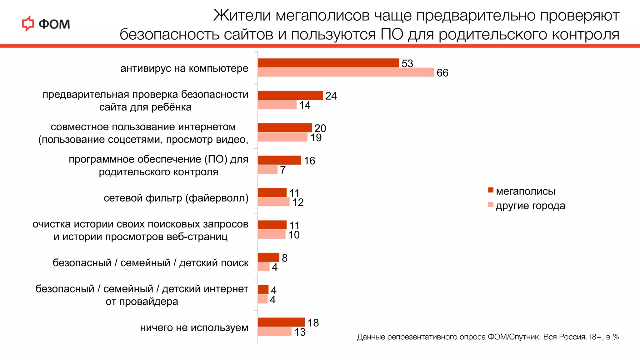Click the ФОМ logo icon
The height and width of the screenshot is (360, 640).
[28, 24]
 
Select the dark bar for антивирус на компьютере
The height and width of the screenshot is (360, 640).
[328, 63]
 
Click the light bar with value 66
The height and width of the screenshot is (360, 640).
[346, 72]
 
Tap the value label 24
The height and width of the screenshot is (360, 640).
[331, 96]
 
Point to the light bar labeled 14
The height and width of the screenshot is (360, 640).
[277, 105]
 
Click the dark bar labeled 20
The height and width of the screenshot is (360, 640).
[285, 127]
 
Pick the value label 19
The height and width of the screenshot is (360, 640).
[316, 137]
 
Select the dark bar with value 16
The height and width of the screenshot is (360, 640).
[279, 160]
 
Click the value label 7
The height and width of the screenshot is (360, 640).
[283, 170]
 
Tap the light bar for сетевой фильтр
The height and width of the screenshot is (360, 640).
[274, 202]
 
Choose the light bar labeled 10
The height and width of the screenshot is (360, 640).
[272, 234]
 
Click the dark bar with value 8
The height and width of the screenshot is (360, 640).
[268, 257]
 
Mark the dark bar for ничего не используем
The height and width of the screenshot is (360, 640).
[281, 322]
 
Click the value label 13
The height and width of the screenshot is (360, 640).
[300, 332]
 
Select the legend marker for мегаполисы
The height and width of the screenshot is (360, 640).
[491, 190]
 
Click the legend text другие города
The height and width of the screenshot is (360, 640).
[530, 206]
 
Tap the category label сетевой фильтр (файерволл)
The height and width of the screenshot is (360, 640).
[176, 198]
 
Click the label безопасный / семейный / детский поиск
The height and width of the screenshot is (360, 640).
[150, 263]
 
